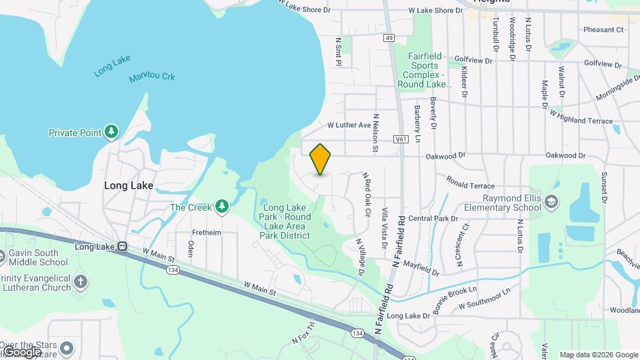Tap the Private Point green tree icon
[112, 132]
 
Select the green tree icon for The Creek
[222, 207]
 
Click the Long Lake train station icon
[122, 247]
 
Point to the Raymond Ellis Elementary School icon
[552, 201]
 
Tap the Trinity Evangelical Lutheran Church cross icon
[80, 281]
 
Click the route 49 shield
[389, 38]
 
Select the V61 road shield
[401, 139]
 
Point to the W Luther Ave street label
[349, 125]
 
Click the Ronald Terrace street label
[471, 185]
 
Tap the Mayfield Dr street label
[421, 271]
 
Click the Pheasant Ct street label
[603, 29]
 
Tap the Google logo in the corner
[21, 351]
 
